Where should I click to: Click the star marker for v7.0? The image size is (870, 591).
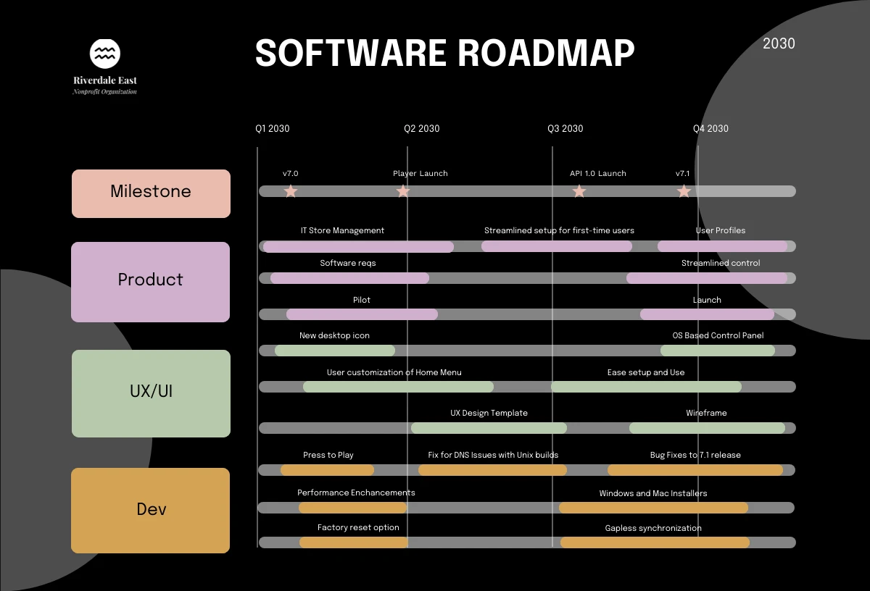291,191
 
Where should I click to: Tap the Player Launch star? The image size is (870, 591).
403,191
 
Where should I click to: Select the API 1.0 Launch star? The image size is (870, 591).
579,191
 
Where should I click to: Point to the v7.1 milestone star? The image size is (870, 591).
684,191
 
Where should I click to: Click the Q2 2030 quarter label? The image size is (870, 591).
421,129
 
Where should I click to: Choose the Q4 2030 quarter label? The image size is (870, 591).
710,129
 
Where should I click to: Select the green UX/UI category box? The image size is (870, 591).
151,393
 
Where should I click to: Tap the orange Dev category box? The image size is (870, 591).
151,510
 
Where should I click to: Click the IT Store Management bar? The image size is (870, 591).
358,247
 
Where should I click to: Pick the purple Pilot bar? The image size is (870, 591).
362,314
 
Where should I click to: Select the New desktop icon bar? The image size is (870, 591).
335,351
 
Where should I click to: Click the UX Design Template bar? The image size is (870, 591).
489,428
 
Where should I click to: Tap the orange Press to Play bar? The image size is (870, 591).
327,470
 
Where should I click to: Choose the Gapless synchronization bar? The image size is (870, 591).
655,542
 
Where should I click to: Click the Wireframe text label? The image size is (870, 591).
706,413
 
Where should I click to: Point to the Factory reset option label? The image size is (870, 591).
358,528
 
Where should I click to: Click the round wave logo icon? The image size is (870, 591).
105,54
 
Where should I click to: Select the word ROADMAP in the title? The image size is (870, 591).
546,53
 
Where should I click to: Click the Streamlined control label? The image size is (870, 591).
721,264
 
